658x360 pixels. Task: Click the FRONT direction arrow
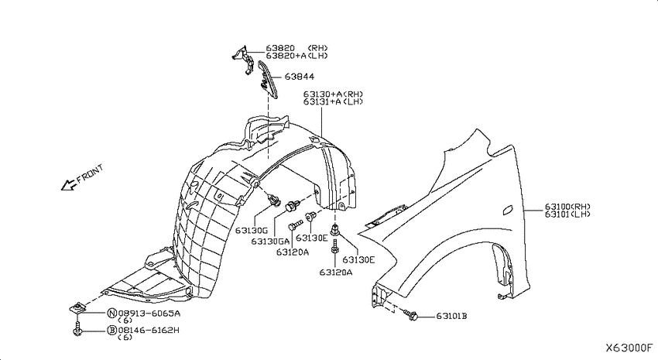(x=68, y=184)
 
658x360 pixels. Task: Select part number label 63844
(x=300, y=77)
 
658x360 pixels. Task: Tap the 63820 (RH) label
(x=296, y=48)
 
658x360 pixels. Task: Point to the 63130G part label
(x=252, y=231)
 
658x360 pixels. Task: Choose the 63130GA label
(x=271, y=242)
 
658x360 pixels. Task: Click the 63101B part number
(x=451, y=316)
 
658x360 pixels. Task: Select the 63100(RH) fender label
(x=567, y=207)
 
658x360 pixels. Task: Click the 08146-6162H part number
(x=149, y=331)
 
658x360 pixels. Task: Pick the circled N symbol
(x=112, y=314)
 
